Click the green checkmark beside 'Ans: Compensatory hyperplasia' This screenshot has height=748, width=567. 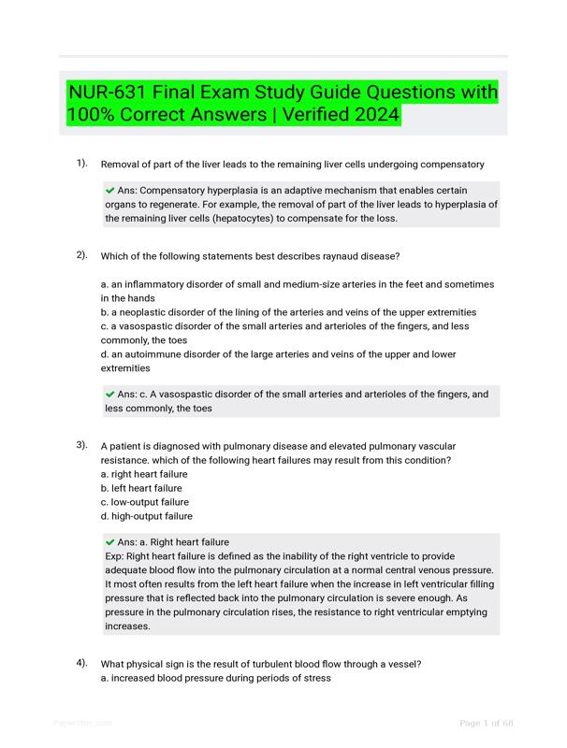[110, 191]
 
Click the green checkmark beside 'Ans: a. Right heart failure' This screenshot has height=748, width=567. [110, 542]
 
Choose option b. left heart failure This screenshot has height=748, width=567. [141, 488]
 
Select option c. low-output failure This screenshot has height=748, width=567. [144, 502]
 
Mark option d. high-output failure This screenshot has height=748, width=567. [146, 516]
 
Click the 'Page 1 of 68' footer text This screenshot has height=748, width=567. [486, 723]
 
